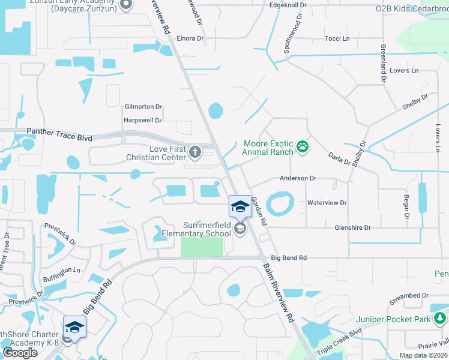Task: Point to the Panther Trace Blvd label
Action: point(59,134)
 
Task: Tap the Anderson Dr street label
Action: point(297,178)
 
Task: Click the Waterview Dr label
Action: point(327,203)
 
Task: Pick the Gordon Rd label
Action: point(259,211)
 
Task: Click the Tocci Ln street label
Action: point(337,38)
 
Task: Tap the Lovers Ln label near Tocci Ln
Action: point(404,71)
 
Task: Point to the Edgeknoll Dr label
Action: point(288,5)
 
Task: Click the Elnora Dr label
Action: point(190,38)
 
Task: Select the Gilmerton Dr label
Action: point(143,107)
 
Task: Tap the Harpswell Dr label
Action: point(142,120)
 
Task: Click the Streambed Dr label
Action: point(409,296)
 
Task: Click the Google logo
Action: point(20,352)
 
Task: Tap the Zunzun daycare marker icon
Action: point(126,5)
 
